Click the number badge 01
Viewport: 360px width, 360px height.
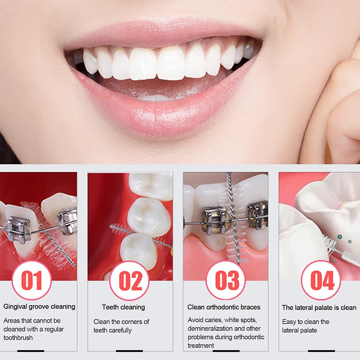[31, 280]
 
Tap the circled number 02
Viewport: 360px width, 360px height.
[130, 280]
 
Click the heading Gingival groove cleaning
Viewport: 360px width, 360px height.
[39, 307]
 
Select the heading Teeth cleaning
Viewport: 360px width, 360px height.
[123, 307]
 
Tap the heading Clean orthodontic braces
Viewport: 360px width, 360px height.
[224, 307]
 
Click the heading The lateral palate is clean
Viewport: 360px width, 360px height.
[319, 308]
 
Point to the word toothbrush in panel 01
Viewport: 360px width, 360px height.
[18, 337]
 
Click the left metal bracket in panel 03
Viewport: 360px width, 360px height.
[214, 220]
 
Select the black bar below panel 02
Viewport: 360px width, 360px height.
[129, 351]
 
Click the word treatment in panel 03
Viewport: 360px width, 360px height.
[201, 345]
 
